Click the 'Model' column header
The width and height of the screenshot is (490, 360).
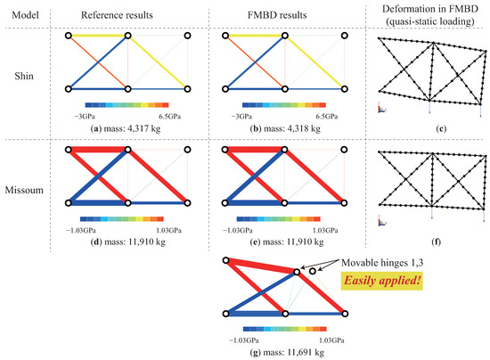tap(25, 15)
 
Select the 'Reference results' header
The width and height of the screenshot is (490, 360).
tap(117, 15)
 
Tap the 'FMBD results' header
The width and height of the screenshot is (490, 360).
tap(277, 15)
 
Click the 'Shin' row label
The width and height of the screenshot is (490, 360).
tap(24, 76)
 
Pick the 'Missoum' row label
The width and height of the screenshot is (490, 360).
tap(24, 190)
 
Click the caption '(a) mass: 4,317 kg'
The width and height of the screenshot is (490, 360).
tap(126, 128)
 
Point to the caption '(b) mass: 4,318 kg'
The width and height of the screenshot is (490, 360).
tap(285, 128)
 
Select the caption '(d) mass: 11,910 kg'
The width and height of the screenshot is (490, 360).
tap(127, 241)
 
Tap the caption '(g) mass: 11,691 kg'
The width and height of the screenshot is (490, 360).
tap(287, 353)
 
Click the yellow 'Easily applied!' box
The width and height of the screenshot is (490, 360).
tap(381, 281)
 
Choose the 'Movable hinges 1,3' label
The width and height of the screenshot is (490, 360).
tap(382, 263)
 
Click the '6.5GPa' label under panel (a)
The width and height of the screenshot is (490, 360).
tap(169, 117)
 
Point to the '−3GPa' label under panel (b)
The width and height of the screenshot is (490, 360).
tap(241, 117)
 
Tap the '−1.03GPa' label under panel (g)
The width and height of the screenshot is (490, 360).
tap(244, 340)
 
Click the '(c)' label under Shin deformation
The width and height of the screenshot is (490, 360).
tap(441, 128)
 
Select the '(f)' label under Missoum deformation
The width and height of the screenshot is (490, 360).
tap(436, 241)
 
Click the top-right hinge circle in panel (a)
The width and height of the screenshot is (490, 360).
tap(187, 36)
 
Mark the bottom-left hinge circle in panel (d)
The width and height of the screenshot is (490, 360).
tap(69, 203)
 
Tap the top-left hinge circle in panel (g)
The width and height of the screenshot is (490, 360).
tap(226, 260)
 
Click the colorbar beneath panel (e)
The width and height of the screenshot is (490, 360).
tap(279, 219)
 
